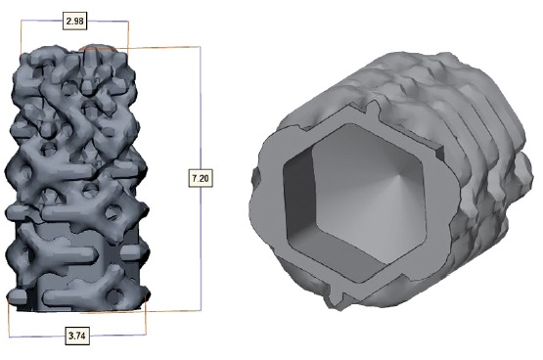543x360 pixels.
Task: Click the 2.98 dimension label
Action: coord(74,21)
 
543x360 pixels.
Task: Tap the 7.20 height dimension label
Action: coord(201,178)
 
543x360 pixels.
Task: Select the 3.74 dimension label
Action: coord(77,336)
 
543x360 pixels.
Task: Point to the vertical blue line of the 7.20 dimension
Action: coord(201,178)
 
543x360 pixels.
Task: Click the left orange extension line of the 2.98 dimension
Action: coord(22,37)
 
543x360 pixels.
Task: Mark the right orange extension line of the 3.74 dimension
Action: coord(146,318)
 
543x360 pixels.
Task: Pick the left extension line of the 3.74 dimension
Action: coord(9,318)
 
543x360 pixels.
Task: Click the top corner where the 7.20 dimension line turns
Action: coord(201,47)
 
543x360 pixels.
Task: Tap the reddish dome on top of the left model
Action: coord(98,48)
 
